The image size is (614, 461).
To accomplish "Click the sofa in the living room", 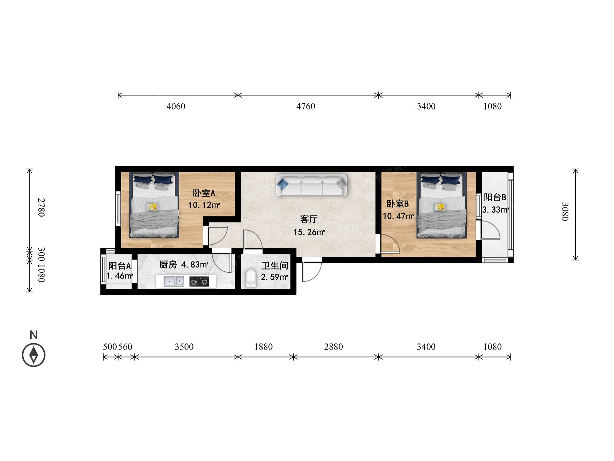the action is point(312,185).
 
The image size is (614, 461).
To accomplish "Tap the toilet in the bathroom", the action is point(251,278).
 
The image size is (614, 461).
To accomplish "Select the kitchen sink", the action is point(174,281).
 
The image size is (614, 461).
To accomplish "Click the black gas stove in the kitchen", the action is point(199,281).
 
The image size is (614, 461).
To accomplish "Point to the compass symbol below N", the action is point(33,355).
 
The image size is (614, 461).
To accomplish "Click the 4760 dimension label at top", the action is point(305,106).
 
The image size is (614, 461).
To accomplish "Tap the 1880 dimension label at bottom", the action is point(263,347).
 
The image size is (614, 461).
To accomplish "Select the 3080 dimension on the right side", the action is point(565,211).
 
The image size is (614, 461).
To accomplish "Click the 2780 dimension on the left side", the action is point(41,207).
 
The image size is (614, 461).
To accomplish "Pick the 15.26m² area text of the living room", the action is point(309,232).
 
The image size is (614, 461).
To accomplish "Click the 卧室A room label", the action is point(204,193).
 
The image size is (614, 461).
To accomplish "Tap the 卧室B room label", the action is point(398,203).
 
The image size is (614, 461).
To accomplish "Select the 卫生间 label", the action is point(274,266).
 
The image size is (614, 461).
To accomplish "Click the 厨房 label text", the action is point(168,265).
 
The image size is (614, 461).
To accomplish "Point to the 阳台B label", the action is point(495,197).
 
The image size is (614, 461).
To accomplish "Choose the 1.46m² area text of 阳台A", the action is point(119,276).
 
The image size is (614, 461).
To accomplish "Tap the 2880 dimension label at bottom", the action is point(333,347).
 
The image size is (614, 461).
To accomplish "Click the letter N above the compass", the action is point(34,335).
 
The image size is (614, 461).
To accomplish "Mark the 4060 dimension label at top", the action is point(176,106).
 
